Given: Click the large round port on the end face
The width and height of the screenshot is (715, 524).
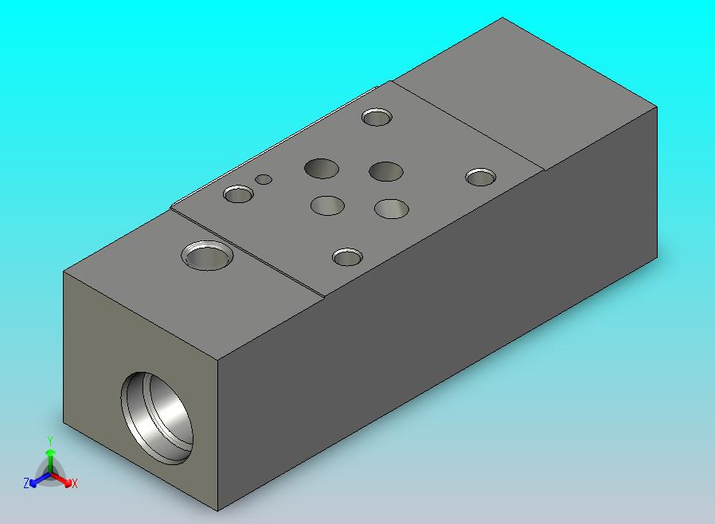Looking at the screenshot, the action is pyautogui.click(x=156, y=418).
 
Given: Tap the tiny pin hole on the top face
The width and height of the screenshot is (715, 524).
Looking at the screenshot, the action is pyautogui.click(x=264, y=179).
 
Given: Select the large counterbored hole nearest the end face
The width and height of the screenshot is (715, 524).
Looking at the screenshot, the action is pyautogui.click(x=208, y=256).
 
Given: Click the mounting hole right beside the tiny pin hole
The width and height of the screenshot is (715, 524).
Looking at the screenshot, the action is pyautogui.click(x=239, y=194).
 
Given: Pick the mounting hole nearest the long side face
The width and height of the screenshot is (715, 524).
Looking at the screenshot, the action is pyautogui.click(x=347, y=257).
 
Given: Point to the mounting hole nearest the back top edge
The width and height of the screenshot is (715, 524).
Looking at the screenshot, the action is pyautogui.click(x=377, y=117).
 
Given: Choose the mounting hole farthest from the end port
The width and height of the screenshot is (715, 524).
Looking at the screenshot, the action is pyautogui.click(x=481, y=178).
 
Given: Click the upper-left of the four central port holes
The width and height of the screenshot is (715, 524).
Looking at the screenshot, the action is pyautogui.click(x=322, y=168).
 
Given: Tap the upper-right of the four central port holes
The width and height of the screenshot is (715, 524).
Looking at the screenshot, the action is pyautogui.click(x=386, y=171).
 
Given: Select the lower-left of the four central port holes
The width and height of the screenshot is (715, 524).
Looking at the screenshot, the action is pyautogui.click(x=327, y=205).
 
